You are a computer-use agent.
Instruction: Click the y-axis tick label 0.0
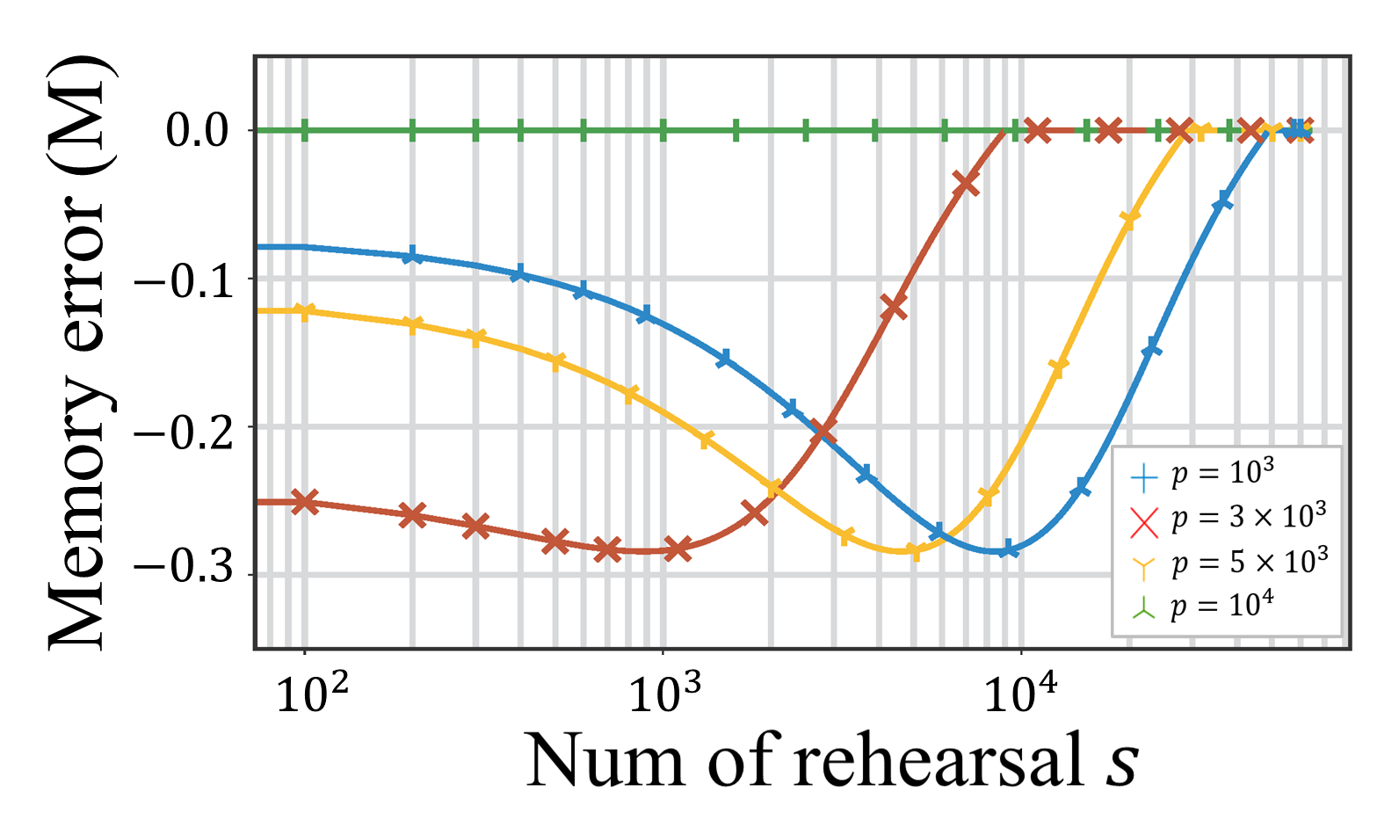[197, 131]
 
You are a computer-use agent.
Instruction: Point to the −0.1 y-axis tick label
[184, 280]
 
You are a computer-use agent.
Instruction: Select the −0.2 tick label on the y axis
[184, 429]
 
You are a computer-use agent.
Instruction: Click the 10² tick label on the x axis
[312, 695]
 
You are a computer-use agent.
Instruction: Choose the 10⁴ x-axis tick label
[1020, 695]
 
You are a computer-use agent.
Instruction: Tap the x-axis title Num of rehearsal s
[831, 761]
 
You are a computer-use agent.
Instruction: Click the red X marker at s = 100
[305, 502]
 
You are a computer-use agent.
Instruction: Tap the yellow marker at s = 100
[305, 311]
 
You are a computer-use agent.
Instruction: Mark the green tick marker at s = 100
[305, 130]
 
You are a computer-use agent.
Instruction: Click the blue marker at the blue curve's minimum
[1008, 549]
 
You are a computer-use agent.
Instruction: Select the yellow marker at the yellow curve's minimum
[914, 552]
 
